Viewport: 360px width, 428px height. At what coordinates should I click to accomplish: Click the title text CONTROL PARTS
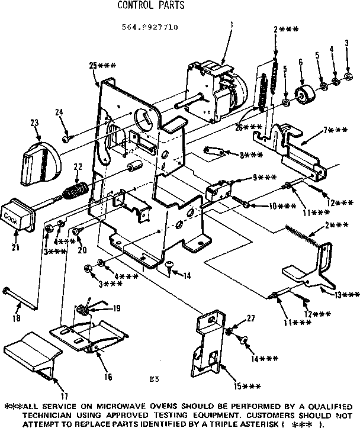(150, 7)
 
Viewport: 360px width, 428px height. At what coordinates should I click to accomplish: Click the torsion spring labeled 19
(82, 309)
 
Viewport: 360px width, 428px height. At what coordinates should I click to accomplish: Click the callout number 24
(59, 112)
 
